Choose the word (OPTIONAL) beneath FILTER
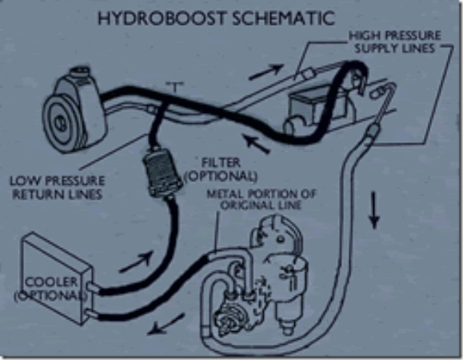click(221, 175)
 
